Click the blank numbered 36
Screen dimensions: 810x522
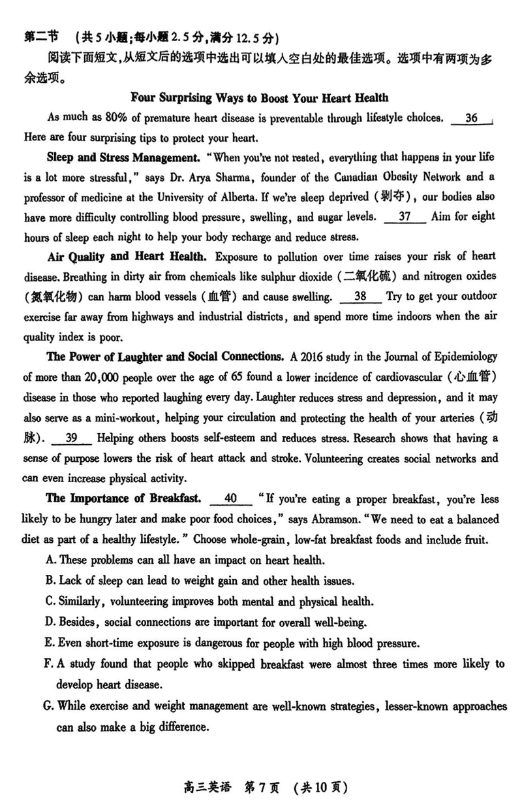coord(472,119)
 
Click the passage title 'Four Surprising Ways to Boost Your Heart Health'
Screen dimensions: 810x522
coord(260,98)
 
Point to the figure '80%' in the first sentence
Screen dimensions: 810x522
coord(99,119)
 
